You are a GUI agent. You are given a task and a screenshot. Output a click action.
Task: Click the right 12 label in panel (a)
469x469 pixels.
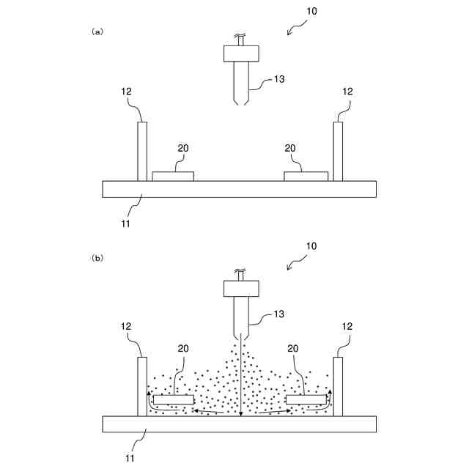click(x=347, y=92)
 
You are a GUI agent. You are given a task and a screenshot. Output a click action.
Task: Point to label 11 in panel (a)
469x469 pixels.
click(x=125, y=223)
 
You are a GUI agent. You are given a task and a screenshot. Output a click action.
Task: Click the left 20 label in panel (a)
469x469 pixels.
click(x=183, y=148)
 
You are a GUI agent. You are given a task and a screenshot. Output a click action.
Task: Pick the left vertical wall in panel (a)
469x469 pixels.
click(x=142, y=151)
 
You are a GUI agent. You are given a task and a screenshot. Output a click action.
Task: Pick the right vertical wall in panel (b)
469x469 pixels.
click(x=338, y=386)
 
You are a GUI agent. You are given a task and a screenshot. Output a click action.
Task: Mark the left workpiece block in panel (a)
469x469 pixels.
click(x=173, y=177)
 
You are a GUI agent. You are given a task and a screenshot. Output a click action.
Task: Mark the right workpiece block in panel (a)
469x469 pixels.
click(x=306, y=177)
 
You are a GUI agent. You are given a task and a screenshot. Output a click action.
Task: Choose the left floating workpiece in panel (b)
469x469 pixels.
click(x=174, y=400)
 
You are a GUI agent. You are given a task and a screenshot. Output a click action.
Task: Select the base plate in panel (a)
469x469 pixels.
click(x=240, y=189)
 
